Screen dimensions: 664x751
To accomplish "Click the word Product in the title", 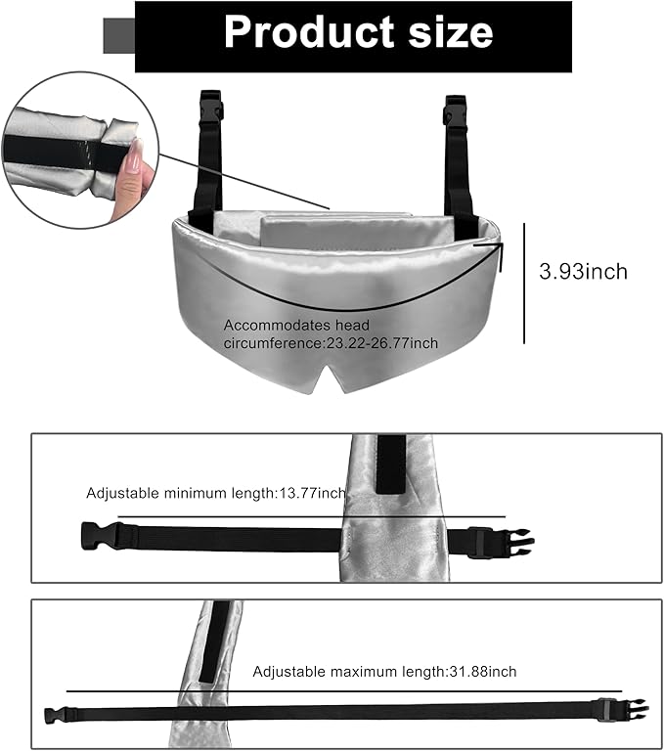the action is click(310, 32).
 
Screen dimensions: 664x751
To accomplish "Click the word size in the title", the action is click(451, 32).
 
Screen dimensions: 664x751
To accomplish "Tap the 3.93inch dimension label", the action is click(583, 272).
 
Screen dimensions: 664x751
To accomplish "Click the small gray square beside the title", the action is click(118, 35).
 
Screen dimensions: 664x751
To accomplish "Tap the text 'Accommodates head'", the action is click(296, 326).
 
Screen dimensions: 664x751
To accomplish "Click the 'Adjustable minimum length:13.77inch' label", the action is click(215, 493).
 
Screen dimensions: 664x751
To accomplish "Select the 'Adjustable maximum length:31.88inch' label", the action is click(384, 672).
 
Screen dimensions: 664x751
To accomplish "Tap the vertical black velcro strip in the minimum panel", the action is click(391, 464).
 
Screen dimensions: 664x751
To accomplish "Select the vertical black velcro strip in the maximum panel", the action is click(214, 641).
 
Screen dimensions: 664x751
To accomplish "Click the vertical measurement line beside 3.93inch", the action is click(524, 283).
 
